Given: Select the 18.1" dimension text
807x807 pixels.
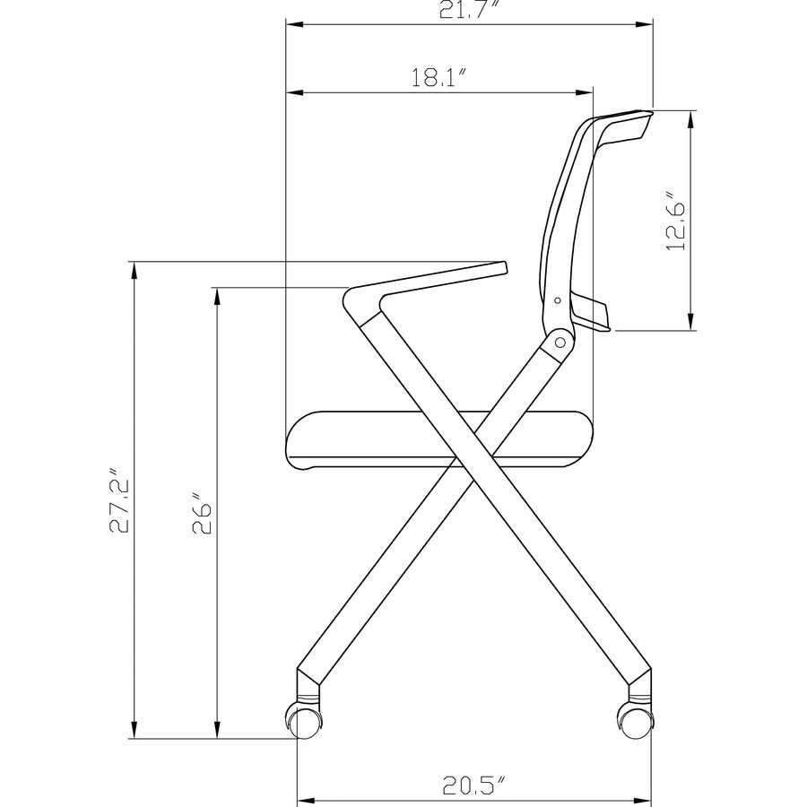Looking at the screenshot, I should tap(440, 79).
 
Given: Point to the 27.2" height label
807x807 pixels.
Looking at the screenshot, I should tap(120, 499).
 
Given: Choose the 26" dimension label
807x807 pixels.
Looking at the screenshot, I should tap(202, 512).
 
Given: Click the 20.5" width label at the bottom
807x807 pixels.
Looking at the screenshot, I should tap(473, 786).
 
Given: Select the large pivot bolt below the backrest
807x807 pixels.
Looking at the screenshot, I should tap(561, 341).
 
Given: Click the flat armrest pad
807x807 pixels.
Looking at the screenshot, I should tap(448, 274).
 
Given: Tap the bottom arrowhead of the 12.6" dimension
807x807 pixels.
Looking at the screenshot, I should tap(690, 324).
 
